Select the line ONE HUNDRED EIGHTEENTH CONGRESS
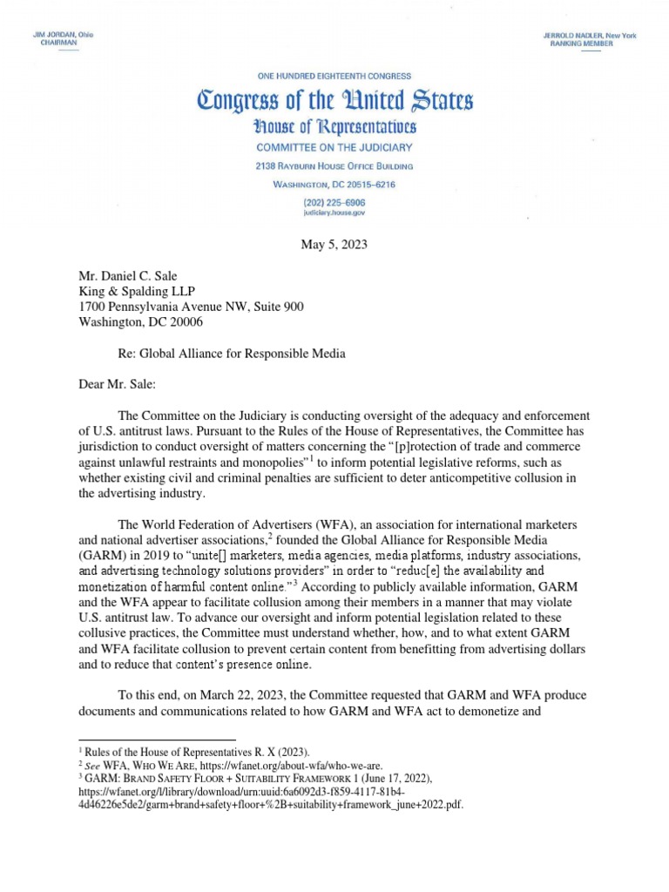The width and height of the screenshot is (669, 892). tap(334, 77)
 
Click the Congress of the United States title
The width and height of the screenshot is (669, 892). tap(334, 101)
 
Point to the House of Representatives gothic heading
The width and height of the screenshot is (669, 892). tap(334, 128)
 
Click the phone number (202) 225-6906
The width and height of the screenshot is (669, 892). tap(334, 201)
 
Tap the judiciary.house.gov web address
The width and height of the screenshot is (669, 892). tap(334, 212)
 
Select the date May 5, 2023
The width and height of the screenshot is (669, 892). tap(334, 244)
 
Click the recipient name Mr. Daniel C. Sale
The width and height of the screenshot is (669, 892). tap(132, 276)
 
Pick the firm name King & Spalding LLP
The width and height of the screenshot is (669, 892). tap(141, 292)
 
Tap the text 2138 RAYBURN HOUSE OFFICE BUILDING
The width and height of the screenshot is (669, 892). tap(334, 166)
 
